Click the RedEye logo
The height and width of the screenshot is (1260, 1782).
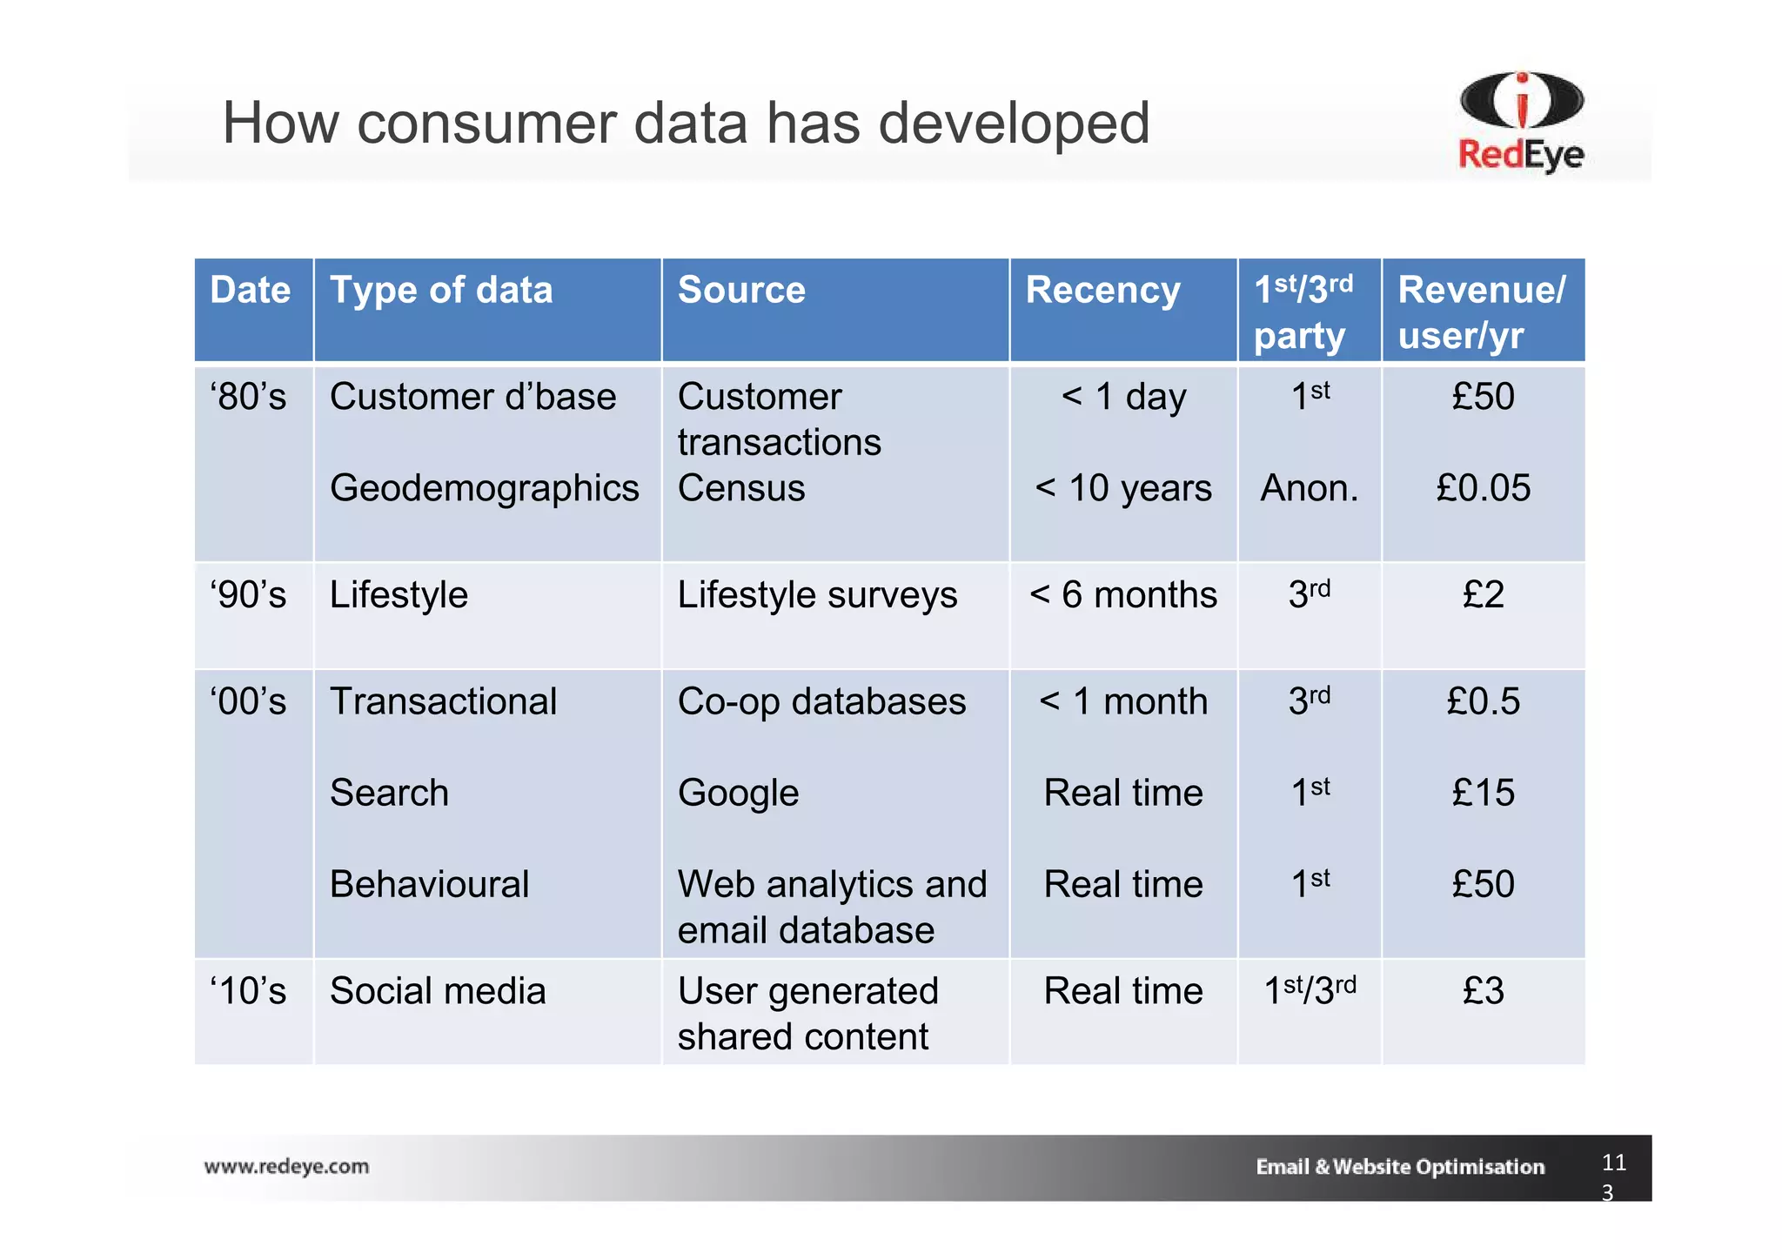1521,122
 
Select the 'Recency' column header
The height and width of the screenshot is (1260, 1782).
1102,291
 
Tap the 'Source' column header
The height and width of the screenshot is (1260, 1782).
741,291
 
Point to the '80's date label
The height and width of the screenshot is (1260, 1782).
248,398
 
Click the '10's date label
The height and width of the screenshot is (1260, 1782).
248,992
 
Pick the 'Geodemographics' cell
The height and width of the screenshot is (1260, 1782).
484,489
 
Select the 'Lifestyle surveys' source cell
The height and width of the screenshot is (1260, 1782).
817,596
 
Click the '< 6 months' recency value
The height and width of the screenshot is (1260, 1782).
1122,596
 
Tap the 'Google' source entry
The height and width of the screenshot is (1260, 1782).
738,794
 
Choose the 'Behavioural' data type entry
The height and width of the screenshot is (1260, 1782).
429,885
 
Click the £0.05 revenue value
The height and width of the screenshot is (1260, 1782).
1483,489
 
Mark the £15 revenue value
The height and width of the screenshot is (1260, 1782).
1483,794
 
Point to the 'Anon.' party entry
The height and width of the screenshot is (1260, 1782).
1309,489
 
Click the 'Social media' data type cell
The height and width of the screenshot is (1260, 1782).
438,992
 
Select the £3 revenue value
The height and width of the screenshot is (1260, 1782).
1483,992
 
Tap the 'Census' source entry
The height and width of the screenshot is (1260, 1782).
741,489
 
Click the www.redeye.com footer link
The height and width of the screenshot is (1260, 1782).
286,1167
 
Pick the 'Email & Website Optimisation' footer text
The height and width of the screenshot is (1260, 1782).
1399,1167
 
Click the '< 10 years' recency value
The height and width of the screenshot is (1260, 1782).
1122,489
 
